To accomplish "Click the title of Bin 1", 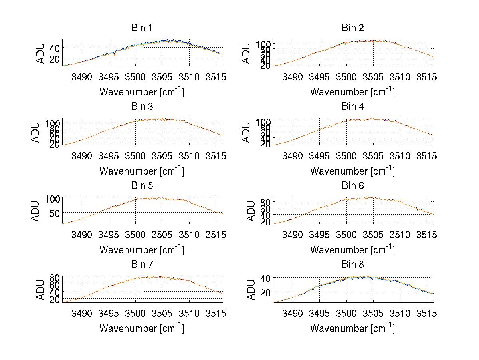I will point(142,28).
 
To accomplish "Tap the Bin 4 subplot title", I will point(353,107).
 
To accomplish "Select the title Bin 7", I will point(142,265).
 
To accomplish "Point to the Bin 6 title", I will point(353,186).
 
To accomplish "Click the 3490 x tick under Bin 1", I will point(82,77).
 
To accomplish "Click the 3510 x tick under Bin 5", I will point(189,235).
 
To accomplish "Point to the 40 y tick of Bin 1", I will point(55,48).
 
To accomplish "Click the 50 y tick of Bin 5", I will point(55,213).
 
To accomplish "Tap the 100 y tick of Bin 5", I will point(53,199).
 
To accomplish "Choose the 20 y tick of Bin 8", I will point(265,292).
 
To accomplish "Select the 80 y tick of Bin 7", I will point(55,277).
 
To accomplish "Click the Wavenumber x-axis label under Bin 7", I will point(142,328).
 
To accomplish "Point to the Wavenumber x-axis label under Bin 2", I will point(353,92).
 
